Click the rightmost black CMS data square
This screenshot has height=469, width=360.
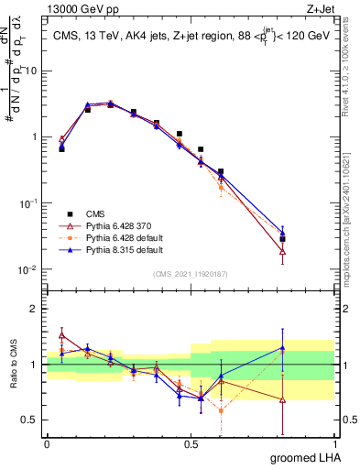coord(282,239)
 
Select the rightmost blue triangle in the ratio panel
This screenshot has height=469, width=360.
coord(282,347)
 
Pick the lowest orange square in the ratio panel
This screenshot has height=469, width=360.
coord(221,410)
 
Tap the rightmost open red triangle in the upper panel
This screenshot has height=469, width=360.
coord(282,252)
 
